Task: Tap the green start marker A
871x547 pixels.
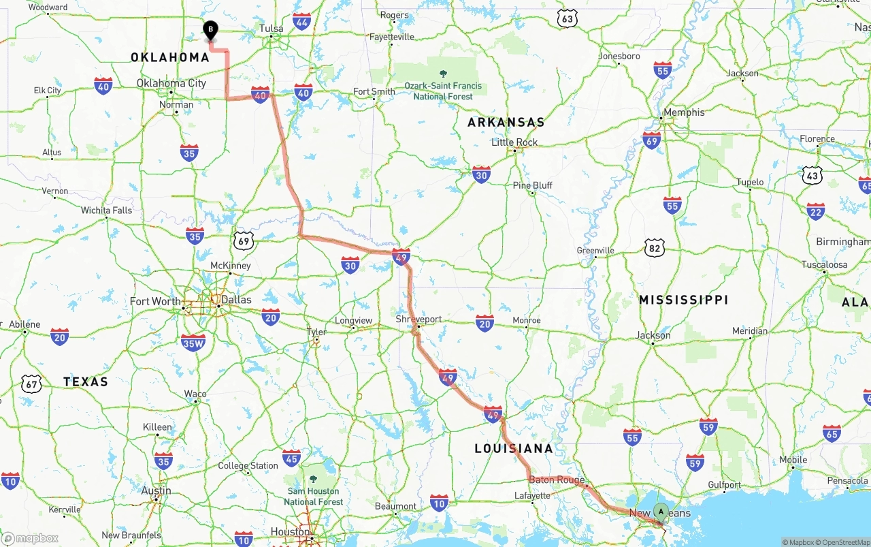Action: point(661,512)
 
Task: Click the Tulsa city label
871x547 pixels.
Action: point(271,29)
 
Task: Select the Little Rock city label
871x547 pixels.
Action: point(514,142)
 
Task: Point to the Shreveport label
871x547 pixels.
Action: point(418,319)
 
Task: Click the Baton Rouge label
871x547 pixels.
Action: point(557,480)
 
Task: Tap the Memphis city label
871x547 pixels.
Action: point(684,112)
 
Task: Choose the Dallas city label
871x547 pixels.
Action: point(235,300)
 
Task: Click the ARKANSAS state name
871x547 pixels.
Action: point(506,123)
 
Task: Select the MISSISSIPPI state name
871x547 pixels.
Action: point(683,300)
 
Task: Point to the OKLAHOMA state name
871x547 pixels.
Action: point(170,57)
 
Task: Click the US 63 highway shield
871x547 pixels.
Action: point(567,18)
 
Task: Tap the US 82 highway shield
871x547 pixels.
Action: point(655,247)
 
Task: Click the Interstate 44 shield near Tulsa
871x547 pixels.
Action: point(302,21)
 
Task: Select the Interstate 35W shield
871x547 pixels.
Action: point(193,343)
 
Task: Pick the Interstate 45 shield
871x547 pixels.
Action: point(291,458)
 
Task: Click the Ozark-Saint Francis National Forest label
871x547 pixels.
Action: point(443,91)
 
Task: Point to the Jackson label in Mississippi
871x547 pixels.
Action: point(653,335)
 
